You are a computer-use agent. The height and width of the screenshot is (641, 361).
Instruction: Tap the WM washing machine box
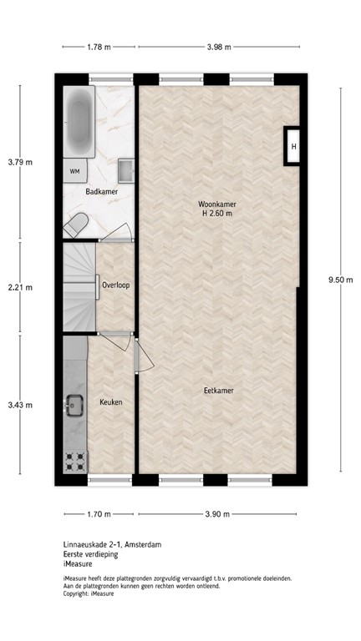(74, 171)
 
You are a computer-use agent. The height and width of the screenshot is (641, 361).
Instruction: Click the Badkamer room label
(101, 192)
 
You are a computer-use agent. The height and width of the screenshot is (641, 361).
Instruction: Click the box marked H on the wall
(293, 148)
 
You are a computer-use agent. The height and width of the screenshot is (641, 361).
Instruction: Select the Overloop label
(115, 285)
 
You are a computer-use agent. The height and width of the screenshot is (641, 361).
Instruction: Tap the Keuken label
(111, 402)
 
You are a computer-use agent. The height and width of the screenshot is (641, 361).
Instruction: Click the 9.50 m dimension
(343, 280)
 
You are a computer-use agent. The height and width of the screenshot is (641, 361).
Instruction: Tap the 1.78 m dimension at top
(99, 48)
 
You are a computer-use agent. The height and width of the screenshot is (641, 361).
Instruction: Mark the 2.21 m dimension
(20, 288)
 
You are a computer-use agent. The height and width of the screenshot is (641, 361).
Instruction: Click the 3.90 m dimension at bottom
(217, 514)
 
